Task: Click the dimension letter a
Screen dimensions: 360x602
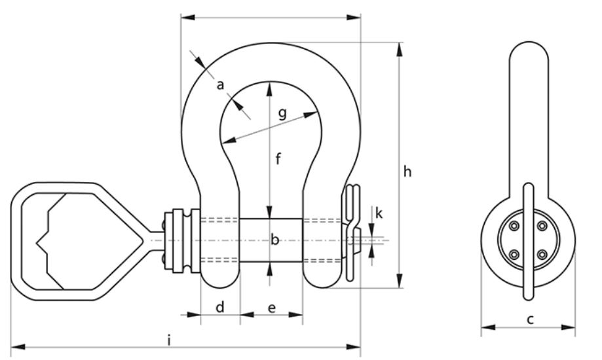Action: (x=220, y=84)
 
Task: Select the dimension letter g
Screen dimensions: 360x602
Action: (x=282, y=114)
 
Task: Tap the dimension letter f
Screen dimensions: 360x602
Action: (x=278, y=158)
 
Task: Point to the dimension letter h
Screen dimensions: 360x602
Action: (x=407, y=171)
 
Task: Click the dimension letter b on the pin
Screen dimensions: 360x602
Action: (x=275, y=240)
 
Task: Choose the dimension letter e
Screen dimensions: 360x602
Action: (x=271, y=308)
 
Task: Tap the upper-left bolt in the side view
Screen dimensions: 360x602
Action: (x=515, y=226)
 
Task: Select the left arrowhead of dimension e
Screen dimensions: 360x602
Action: (x=243, y=315)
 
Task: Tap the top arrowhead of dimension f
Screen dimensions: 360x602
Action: (x=269, y=85)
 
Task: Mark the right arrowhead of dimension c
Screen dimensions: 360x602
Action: (x=575, y=327)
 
